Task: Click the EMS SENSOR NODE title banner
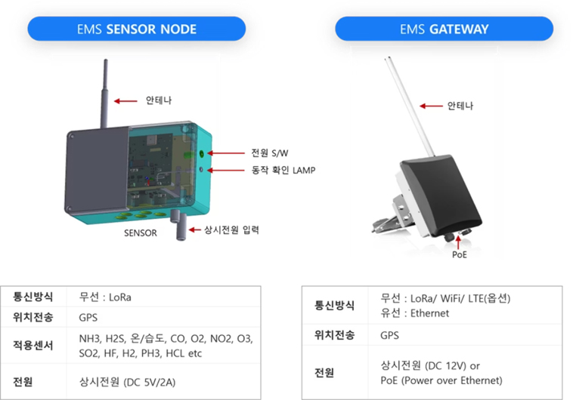pyautogui.click(x=137, y=29)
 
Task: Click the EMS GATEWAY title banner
pyautogui.click(x=444, y=29)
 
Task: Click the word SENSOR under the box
pyautogui.click(x=141, y=233)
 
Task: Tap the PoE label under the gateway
pyautogui.click(x=460, y=254)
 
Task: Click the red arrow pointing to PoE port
pyautogui.click(x=460, y=241)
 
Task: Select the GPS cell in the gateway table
pyautogui.click(x=389, y=335)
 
